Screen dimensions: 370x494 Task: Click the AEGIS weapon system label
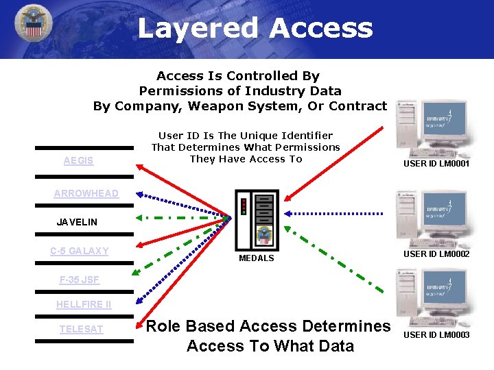[78, 161]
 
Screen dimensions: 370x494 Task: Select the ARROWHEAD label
[86, 194]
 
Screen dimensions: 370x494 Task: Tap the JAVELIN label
[77, 222]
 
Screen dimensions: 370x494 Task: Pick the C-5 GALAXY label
[79, 251]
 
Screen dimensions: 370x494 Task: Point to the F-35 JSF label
[80, 280]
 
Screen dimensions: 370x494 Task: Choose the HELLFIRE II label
[84, 304]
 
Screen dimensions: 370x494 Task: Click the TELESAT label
[81, 330]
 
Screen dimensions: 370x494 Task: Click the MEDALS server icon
[257, 219]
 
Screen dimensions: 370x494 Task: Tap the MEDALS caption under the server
[256, 258]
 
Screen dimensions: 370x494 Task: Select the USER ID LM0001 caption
[436, 164]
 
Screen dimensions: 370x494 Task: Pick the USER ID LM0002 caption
[436, 254]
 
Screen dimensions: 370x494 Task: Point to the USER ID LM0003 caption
[436, 335]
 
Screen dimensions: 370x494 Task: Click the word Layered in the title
[198, 28]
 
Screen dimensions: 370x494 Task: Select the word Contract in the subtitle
[357, 106]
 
